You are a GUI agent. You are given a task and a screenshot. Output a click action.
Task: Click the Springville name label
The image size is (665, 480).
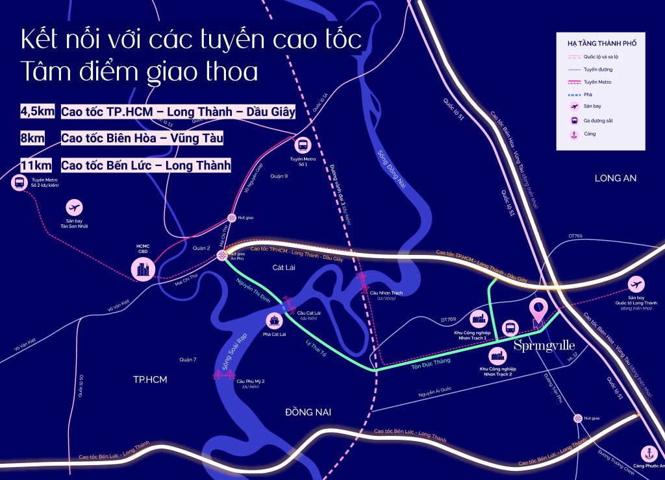coord(544,346)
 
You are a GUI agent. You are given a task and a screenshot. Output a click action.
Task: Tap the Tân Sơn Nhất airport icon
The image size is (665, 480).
coord(75,208)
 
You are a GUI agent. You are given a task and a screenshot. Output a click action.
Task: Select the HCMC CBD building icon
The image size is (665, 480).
coord(144,269)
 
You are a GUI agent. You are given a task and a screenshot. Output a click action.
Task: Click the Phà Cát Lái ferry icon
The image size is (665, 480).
coord(275,320)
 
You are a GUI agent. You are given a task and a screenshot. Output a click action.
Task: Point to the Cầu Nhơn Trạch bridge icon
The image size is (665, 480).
coord(362,281)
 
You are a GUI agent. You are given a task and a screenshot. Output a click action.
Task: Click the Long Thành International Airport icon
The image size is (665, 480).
coord(636,284)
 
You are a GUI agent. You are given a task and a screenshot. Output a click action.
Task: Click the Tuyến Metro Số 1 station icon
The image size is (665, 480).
coord(303,145)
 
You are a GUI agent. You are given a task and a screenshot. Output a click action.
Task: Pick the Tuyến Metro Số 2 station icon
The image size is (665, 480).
coord(18,184)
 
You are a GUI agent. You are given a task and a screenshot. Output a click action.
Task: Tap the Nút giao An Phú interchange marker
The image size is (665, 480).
coord(223,256)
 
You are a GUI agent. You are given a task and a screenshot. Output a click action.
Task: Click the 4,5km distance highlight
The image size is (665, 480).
coord(38,112)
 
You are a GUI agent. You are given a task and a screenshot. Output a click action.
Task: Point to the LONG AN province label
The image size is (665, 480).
coord(616,178)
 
